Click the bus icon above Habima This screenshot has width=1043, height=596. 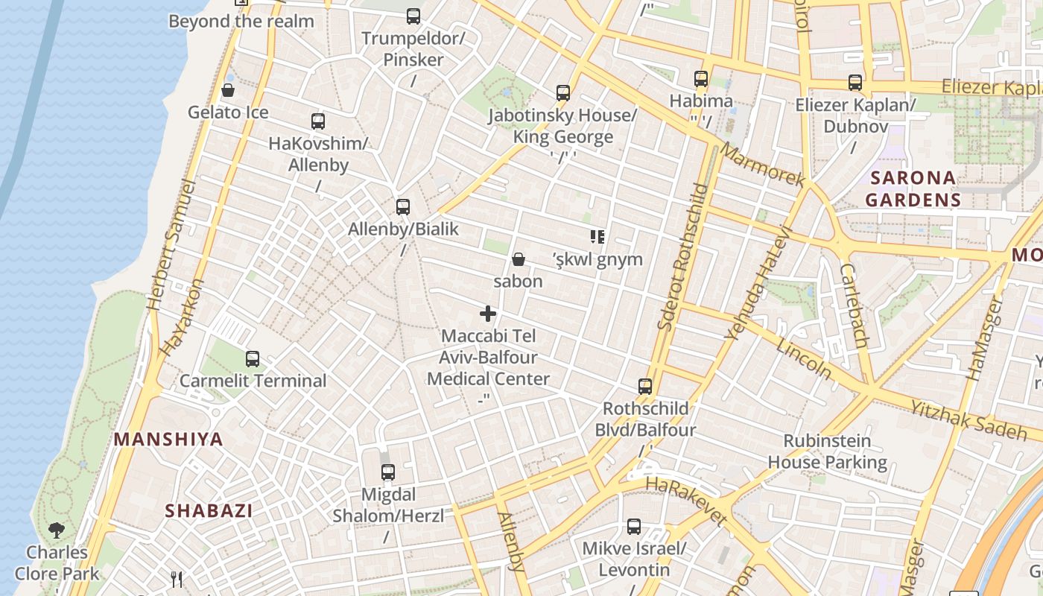[700, 78]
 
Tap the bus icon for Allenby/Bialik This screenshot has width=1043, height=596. [403, 206]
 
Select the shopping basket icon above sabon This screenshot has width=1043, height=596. [519, 259]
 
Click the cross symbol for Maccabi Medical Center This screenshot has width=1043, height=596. [488, 314]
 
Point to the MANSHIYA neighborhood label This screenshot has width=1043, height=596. [168, 439]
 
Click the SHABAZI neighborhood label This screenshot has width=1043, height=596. [209, 510]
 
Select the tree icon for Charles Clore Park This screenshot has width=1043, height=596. [57, 530]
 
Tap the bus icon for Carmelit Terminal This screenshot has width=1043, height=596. [253, 359]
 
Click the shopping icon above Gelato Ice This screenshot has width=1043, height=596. [228, 91]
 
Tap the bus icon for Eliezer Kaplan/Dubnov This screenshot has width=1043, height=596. [855, 83]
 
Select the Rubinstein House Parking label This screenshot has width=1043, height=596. [827, 451]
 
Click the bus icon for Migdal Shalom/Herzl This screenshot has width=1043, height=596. [387, 472]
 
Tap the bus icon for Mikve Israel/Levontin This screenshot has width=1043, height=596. [634, 527]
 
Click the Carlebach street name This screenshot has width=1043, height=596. [854, 305]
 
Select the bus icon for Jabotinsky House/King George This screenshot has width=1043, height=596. [563, 93]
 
